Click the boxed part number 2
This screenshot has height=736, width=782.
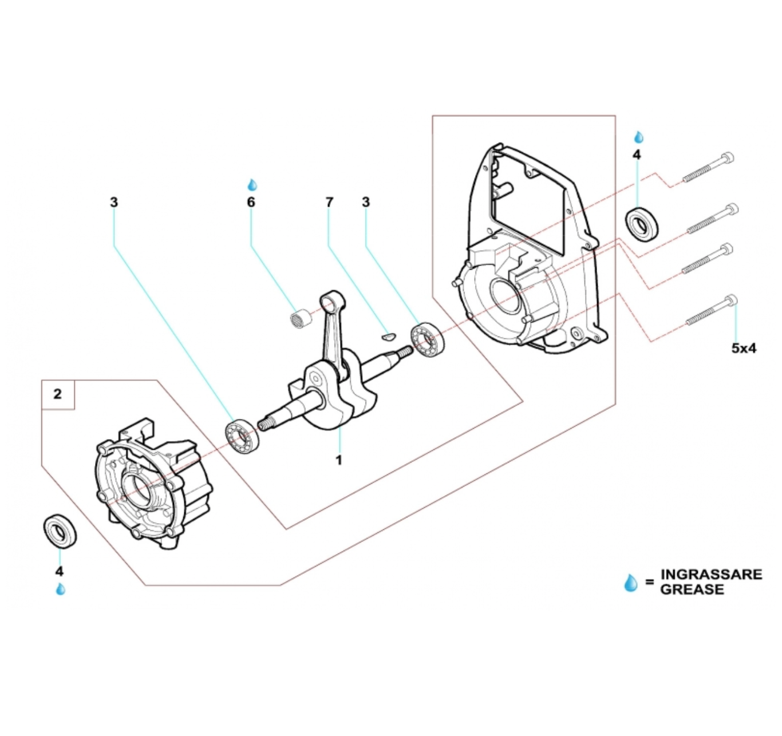tap(57, 394)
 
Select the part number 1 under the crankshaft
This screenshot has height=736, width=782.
tap(338, 460)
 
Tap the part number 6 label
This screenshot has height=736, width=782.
tap(251, 202)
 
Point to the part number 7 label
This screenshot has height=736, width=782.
tap(329, 202)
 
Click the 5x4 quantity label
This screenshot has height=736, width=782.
tap(744, 347)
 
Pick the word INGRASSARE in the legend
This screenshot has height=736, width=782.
tap(711, 574)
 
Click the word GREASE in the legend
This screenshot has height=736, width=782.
tap(692, 589)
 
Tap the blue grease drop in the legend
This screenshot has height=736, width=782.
tap(630, 583)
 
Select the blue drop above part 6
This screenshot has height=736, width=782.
tap(252, 185)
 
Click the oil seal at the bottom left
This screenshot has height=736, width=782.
tap(61, 532)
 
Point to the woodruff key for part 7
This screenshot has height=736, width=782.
tap(389, 334)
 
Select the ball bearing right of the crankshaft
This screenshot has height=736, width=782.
tap(428, 341)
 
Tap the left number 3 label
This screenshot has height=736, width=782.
tap(114, 202)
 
